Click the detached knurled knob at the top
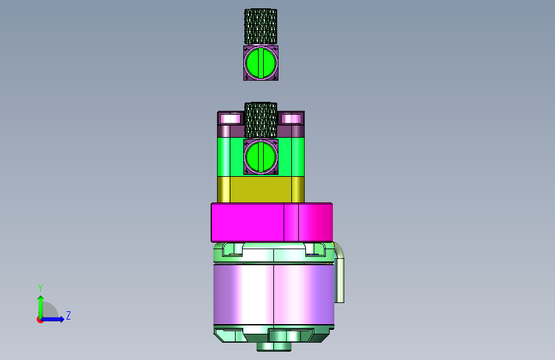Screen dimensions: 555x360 click(x=261, y=26)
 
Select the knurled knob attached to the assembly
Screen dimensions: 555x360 click(x=261, y=120)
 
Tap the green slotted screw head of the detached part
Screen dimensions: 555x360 click(x=261, y=63)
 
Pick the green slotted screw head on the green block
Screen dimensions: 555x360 click(x=261, y=157)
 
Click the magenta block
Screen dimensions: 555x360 click(x=272, y=222)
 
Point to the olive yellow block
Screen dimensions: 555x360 click(x=261, y=190)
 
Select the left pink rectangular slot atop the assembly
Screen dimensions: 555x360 click(x=230, y=119)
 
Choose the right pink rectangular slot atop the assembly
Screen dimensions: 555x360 click(x=291, y=119)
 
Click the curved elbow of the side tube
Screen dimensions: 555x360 click(x=339, y=250)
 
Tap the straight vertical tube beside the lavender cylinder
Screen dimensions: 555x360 click(x=339, y=281)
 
